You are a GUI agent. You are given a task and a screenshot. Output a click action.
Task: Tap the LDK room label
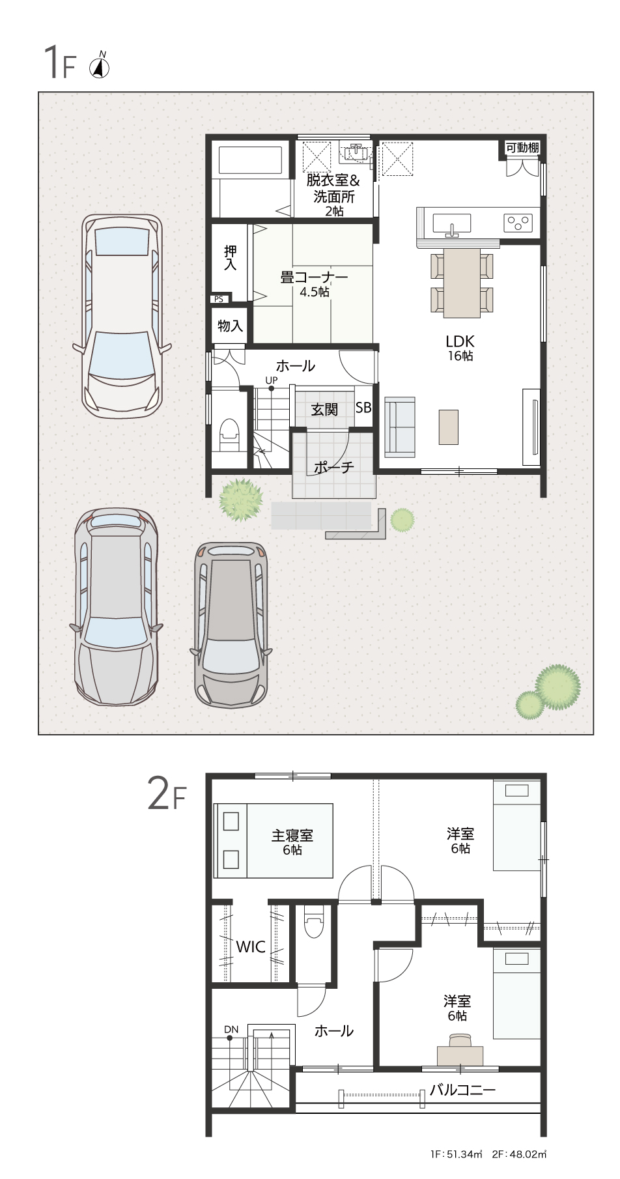click(x=460, y=341)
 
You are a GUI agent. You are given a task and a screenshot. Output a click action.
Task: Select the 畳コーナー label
click(x=314, y=277)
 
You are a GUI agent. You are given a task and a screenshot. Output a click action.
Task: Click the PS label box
click(x=219, y=299)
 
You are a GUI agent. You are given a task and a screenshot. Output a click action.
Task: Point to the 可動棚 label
click(x=523, y=148)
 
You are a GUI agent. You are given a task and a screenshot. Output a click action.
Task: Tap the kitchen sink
click(x=451, y=223)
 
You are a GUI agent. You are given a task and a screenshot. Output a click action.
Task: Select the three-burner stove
click(x=518, y=222)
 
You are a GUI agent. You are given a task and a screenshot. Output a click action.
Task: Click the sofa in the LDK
click(x=400, y=427)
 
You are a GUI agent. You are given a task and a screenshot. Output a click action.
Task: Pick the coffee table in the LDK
click(x=448, y=427)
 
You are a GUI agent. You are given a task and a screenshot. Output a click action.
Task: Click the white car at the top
click(x=121, y=316)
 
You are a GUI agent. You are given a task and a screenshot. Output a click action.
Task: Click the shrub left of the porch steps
click(x=241, y=500)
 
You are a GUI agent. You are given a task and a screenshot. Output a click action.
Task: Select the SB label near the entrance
click(x=363, y=408)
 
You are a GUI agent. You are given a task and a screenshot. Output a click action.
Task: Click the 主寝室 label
click(x=292, y=834)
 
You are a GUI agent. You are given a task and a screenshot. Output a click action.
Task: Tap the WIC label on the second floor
click(x=251, y=946)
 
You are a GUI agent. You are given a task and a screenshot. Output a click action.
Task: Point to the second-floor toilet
click(x=313, y=921)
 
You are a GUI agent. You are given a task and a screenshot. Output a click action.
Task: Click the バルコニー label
click(x=462, y=1089)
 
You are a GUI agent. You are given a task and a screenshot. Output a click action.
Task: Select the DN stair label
click(x=231, y=1029)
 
